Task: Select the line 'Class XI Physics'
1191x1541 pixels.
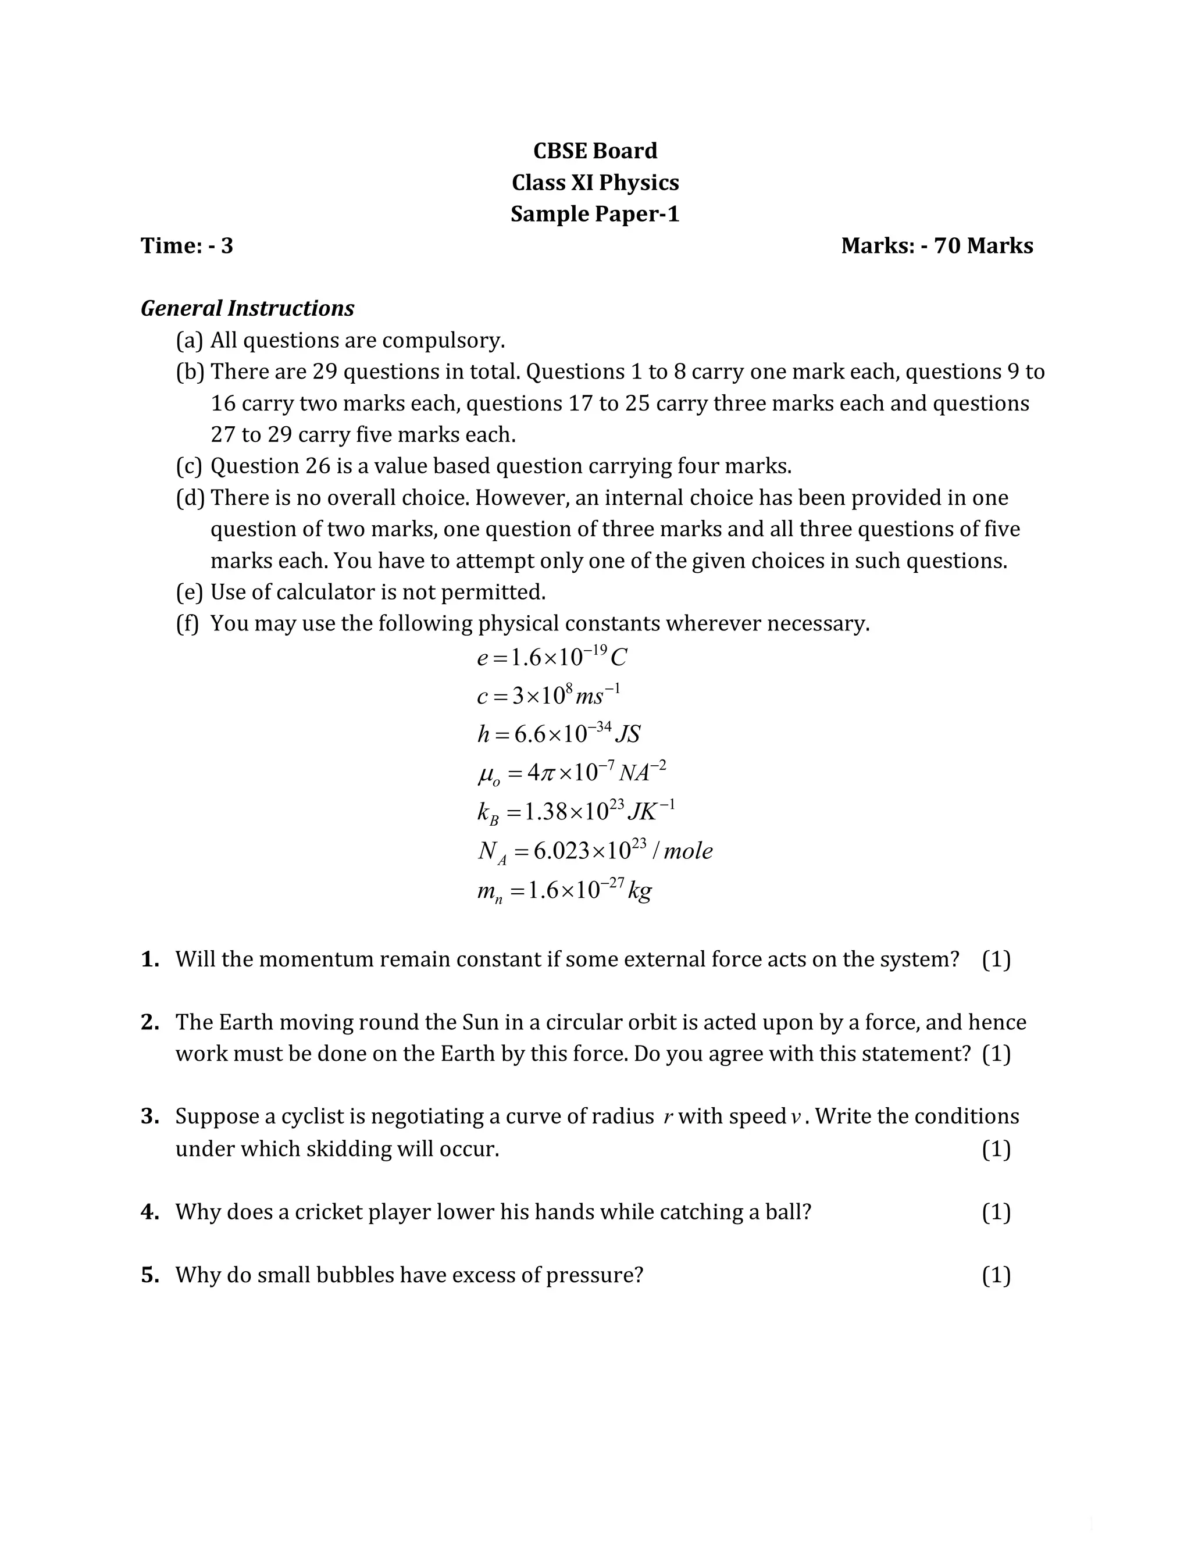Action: [595, 182]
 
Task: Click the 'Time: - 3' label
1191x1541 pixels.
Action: [187, 245]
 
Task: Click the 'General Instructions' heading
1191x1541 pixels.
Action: [247, 308]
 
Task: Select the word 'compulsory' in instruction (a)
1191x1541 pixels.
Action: [443, 340]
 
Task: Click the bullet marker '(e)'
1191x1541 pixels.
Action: [189, 591]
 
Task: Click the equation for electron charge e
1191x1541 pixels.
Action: [551, 658]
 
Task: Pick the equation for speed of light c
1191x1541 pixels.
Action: [548, 695]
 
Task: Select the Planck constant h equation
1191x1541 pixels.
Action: [558, 734]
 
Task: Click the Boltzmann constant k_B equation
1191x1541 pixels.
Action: [576, 811]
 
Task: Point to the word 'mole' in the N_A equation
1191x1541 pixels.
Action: [688, 851]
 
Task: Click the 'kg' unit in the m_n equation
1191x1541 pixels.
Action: [640, 890]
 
